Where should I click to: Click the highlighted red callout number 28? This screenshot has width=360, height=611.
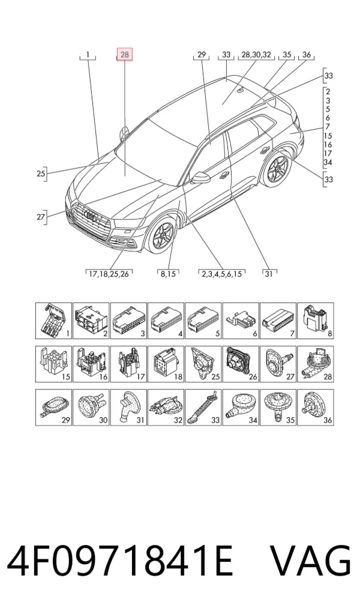[x=125, y=55]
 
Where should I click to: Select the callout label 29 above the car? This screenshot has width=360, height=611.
[x=202, y=55]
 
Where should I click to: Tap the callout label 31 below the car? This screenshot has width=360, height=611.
[x=268, y=274]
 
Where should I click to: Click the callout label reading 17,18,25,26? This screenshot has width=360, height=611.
[x=109, y=274]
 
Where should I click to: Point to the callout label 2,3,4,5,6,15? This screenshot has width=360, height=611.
[x=221, y=274]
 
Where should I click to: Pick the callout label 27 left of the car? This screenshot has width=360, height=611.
[x=41, y=216]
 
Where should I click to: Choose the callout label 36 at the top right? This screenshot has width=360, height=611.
[x=307, y=55]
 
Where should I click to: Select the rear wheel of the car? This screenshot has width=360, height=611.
[x=278, y=169]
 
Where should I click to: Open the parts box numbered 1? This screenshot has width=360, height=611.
[x=54, y=321]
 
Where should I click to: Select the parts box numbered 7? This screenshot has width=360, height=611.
[x=278, y=321]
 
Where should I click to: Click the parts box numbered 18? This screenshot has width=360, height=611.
[x=166, y=364]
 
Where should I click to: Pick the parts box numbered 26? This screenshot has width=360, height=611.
[x=241, y=364]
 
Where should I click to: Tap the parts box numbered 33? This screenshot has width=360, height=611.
[x=203, y=407]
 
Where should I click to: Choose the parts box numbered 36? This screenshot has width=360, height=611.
[x=315, y=407]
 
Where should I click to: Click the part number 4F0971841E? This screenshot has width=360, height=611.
[x=120, y=561]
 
